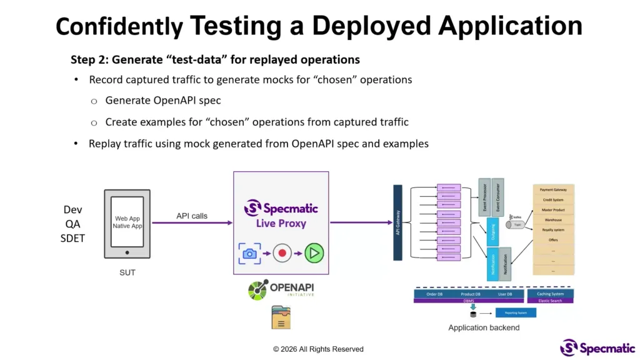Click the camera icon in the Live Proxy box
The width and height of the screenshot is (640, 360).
249,253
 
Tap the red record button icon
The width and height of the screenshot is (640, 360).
282,253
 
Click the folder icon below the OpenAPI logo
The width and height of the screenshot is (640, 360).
281,317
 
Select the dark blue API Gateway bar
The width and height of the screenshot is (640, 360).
397,222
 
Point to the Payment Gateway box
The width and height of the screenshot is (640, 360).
552,189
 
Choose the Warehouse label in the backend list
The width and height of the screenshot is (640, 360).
552,220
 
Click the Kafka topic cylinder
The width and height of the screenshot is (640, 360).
517,224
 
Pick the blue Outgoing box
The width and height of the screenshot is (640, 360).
492,232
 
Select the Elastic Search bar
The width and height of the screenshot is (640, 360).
550,301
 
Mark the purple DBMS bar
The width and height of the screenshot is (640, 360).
468,301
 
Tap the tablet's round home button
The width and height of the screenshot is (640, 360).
127,252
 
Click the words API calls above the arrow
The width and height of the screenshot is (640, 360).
191,216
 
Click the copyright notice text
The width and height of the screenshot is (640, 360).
318,349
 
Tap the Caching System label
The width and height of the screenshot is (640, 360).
550,294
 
